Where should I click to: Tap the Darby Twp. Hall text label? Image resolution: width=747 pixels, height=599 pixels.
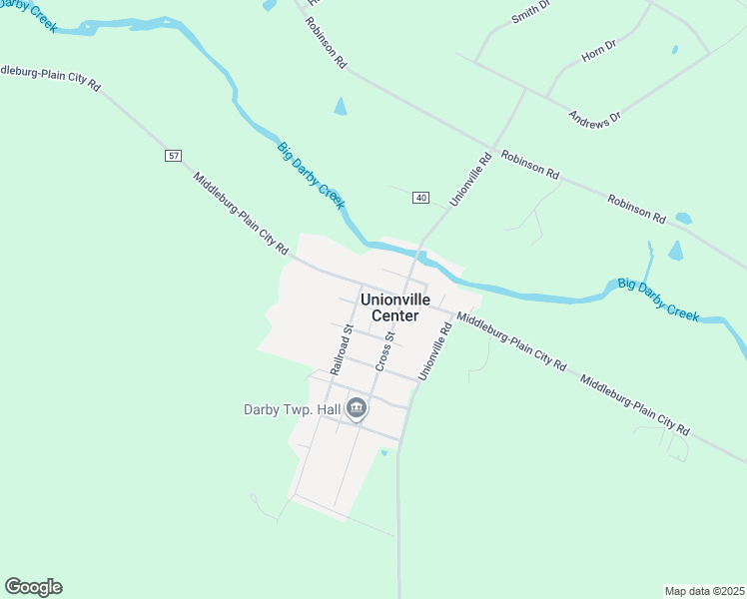(291, 409)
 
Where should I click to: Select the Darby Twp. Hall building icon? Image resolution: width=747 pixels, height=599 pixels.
(357, 407)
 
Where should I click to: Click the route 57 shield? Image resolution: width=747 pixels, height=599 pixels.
(174, 156)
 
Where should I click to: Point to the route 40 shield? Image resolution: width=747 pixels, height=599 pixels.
(420, 198)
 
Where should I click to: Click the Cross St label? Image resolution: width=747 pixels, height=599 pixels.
(384, 351)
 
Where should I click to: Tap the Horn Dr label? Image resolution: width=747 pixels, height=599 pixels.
(600, 53)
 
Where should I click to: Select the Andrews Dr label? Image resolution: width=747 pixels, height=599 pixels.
(594, 118)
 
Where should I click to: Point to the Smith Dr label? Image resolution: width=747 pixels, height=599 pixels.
(530, 12)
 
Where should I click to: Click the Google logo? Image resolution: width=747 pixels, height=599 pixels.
(33, 587)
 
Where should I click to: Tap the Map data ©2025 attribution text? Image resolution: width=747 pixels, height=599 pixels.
(704, 591)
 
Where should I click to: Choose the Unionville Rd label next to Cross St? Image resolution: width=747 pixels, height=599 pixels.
(435, 349)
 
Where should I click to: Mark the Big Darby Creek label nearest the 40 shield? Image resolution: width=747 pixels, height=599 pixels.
(311, 176)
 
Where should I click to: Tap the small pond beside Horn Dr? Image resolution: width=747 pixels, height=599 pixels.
(675, 49)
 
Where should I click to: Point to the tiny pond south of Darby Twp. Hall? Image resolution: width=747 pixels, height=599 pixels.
(384, 452)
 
